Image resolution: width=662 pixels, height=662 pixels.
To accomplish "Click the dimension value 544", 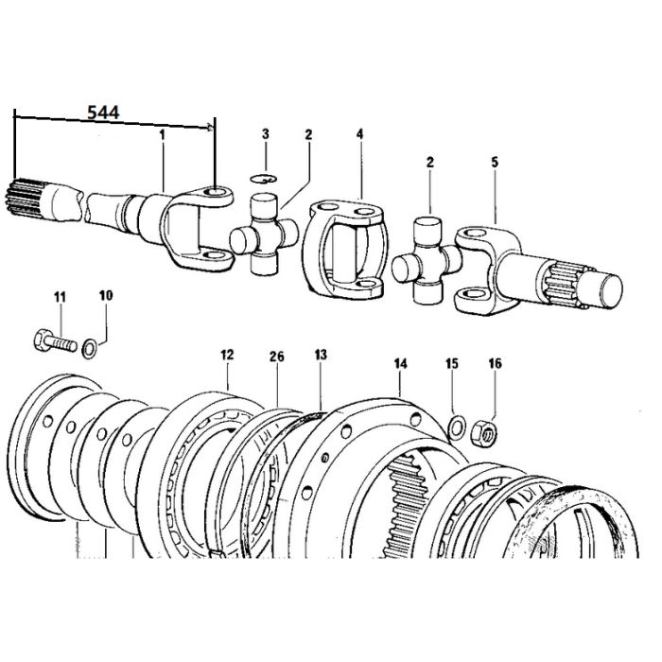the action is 103,113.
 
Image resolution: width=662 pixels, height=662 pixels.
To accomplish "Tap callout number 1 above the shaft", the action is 162,135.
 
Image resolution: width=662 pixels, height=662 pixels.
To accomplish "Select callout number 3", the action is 265,134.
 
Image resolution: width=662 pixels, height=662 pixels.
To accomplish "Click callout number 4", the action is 359,134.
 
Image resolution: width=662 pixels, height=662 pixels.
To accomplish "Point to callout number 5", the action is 495,162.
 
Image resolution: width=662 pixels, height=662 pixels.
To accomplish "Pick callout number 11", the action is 60,297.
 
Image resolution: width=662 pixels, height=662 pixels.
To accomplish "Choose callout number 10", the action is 106,295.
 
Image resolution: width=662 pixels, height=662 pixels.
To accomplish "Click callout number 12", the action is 227,355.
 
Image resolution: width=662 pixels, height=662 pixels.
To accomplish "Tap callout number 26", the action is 277,357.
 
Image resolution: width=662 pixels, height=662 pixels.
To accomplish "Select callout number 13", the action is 321,355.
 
